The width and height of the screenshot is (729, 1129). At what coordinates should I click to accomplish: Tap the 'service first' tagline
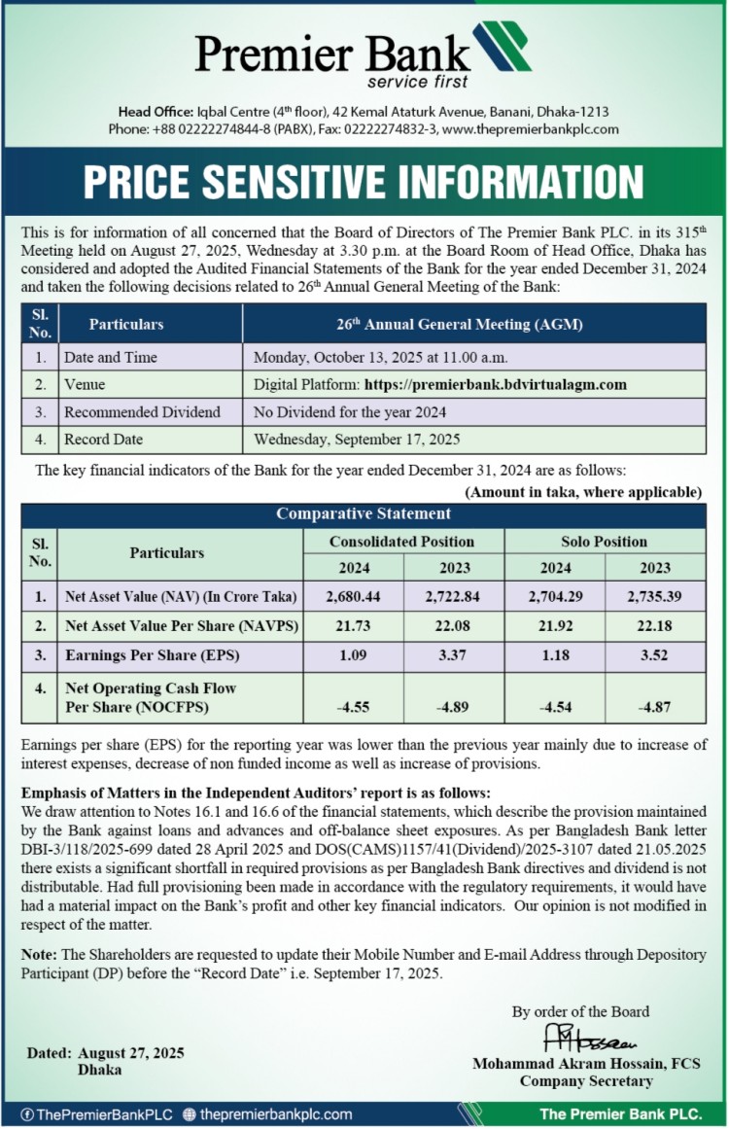pyautogui.click(x=417, y=81)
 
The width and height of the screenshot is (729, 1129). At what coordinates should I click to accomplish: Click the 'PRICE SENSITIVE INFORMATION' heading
pyautogui.click(x=364, y=183)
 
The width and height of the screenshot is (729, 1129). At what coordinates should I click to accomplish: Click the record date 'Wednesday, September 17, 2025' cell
pyautogui.click(x=357, y=439)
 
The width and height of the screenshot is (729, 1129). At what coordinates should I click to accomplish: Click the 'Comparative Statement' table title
pyautogui.click(x=364, y=513)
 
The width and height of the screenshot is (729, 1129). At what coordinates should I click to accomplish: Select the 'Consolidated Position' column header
pyautogui.click(x=401, y=541)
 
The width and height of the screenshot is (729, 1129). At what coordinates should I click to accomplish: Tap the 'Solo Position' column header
pyautogui.click(x=604, y=541)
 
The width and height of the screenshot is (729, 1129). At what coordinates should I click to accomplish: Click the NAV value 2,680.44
pyautogui.click(x=352, y=596)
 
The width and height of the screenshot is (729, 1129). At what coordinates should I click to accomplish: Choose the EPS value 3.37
pyautogui.click(x=454, y=655)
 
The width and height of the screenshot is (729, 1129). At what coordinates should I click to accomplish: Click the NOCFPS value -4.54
pyautogui.click(x=554, y=707)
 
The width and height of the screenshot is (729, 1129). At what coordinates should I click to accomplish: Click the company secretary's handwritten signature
pyautogui.click(x=582, y=1038)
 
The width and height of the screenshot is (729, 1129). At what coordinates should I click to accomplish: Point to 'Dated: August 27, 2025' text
pyautogui.click(x=106, y=1053)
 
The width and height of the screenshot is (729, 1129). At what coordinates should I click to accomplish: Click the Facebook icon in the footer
pyautogui.click(x=27, y=1114)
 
